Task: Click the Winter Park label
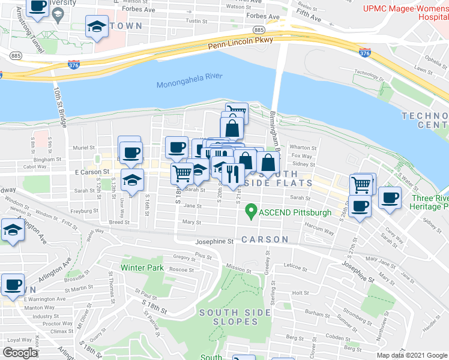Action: [142, 268]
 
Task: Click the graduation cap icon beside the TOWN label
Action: [96, 27]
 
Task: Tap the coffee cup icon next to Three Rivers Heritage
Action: [389, 197]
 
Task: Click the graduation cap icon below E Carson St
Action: [133, 179]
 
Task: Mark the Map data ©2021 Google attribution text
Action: [411, 355]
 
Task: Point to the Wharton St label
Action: [303, 148]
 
